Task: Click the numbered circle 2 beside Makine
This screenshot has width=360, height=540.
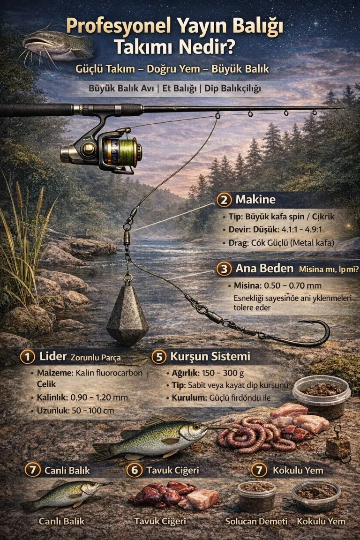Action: (224, 200)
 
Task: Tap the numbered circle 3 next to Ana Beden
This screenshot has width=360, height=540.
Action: (224, 269)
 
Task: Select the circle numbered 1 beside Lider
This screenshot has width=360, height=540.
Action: (27, 357)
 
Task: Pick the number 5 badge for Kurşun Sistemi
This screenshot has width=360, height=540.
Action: (159, 357)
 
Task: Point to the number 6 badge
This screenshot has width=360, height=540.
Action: (135, 470)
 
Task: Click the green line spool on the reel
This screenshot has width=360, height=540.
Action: (127, 151)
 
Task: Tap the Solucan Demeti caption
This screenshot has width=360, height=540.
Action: (256, 521)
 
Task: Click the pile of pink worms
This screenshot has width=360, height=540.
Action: (255, 435)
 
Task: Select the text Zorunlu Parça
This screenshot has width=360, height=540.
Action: (96, 358)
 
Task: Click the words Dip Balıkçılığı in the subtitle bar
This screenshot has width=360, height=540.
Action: (232, 89)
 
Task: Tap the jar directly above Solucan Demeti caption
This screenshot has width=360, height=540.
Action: (257, 496)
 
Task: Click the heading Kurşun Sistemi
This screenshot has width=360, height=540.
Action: (210, 356)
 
